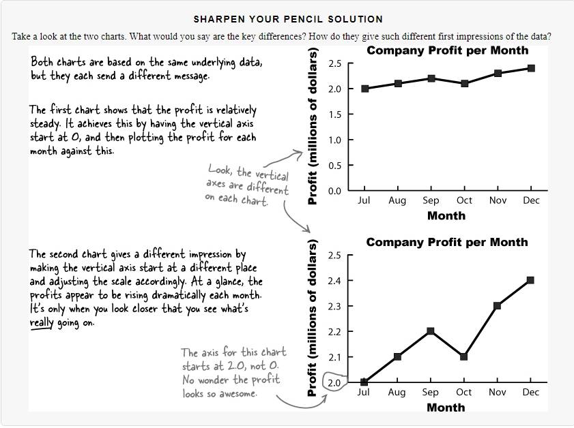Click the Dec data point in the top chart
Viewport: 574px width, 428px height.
click(531, 68)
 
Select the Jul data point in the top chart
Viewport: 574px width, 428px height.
click(364, 89)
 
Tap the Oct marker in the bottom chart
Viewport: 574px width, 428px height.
click(464, 356)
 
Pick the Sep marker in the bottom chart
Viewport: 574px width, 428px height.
click(431, 331)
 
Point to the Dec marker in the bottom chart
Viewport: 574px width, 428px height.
click(530, 280)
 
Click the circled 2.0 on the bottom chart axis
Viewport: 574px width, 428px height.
click(334, 382)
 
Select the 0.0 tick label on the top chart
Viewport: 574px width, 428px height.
click(334, 191)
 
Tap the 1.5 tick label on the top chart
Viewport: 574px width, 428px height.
click(334, 114)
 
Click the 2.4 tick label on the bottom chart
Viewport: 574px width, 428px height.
click(334, 280)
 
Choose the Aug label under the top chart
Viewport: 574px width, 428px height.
click(397, 200)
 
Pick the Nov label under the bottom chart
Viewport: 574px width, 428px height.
click(498, 392)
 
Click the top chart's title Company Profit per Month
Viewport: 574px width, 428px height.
click(447, 50)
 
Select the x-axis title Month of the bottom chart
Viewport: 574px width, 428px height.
click(446, 408)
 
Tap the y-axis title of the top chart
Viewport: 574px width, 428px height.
click(313, 126)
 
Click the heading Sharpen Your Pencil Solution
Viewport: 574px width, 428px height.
click(288, 19)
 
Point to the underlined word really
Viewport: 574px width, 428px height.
click(42, 322)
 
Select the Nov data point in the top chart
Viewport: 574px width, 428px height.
click(498, 74)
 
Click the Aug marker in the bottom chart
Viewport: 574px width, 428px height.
click(397, 356)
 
